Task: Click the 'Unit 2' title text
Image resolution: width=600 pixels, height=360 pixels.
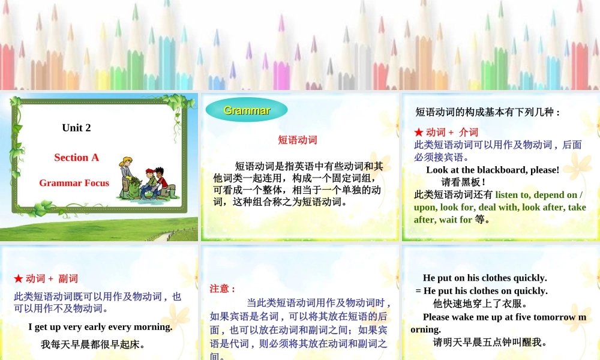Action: (76, 128)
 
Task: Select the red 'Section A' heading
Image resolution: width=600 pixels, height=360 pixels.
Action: (76, 158)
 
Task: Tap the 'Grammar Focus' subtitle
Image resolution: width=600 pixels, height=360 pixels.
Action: (74, 183)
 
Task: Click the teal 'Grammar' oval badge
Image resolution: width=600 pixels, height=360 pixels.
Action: (247, 110)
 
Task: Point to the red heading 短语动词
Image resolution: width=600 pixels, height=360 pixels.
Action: (298, 140)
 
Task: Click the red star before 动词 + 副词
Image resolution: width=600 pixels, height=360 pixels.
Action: (19, 279)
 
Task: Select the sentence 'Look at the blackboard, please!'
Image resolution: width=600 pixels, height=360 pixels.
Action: (493, 170)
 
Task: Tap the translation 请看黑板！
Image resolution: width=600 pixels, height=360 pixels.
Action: (463, 182)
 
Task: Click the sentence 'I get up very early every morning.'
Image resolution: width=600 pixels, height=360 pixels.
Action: (100, 327)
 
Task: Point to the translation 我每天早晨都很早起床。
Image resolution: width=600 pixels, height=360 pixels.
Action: (93, 345)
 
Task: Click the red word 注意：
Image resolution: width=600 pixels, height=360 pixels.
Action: (223, 289)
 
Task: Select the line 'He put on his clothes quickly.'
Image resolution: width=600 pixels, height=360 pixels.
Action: (485, 278)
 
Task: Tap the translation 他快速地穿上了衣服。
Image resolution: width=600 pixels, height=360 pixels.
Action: (481, 304)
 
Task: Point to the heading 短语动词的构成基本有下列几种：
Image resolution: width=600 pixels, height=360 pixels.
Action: (488, 112)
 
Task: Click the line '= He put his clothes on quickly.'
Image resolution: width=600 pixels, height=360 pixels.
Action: (481, 291)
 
